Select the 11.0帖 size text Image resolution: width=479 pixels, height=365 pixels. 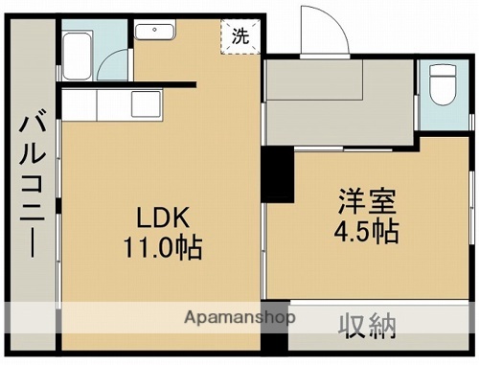click(x=160, y=248)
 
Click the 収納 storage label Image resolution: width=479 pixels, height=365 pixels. click(x=368, y=328)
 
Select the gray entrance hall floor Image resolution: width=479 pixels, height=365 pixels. click(x=335, y=120)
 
